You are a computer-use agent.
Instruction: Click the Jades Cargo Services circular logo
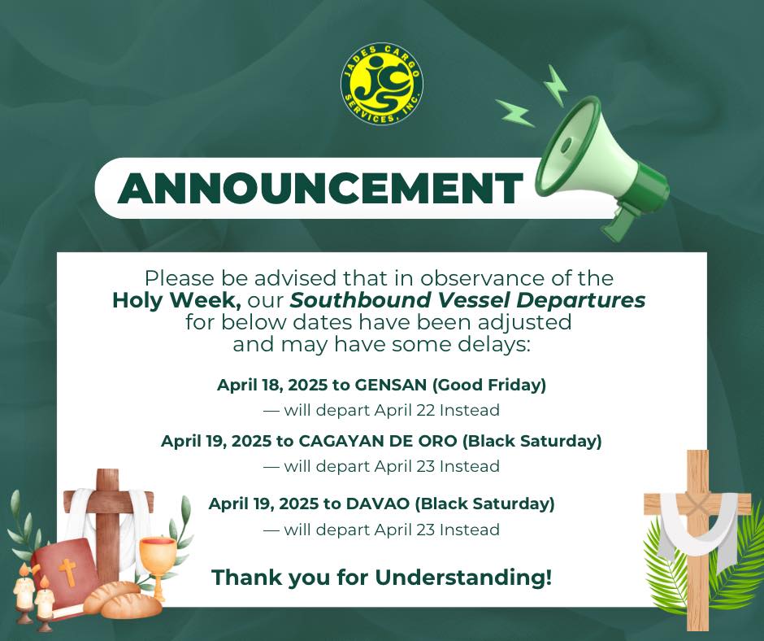click(381, 83)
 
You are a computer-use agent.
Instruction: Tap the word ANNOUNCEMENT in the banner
click(319, 188)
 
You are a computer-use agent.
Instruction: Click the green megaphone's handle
click(619, 221)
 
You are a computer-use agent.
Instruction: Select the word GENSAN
click(391, 385)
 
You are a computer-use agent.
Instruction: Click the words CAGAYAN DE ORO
click(378, 441)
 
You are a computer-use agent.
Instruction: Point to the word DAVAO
click(378, 504)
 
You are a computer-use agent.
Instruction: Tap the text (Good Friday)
click(489, 385)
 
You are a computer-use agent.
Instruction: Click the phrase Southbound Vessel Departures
click(468, 300)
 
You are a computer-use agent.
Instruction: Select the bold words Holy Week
click(177, 300)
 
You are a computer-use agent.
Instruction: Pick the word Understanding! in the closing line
click(463, 578)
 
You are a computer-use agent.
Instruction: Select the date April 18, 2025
click(272, 385)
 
